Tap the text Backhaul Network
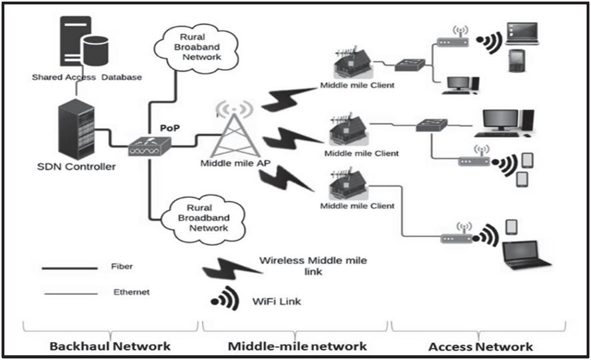tap(110, 345)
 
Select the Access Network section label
tap(479, 345)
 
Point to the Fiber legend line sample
tap(69, 268)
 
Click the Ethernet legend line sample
tap(69, 293)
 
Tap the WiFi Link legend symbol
tap(225, 299)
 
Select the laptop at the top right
tap(522, 34)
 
